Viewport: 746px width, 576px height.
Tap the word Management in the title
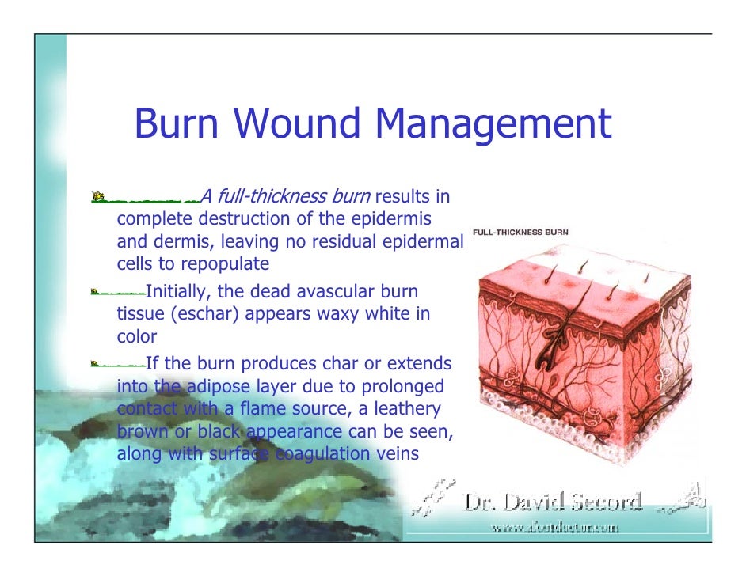pos(493,124)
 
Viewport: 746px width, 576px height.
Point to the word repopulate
pos(225,263)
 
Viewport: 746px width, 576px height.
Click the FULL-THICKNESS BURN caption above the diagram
pos(520,233)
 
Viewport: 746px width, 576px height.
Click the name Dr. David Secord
pos(553,502)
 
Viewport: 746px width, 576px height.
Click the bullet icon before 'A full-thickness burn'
pos(98,195)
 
